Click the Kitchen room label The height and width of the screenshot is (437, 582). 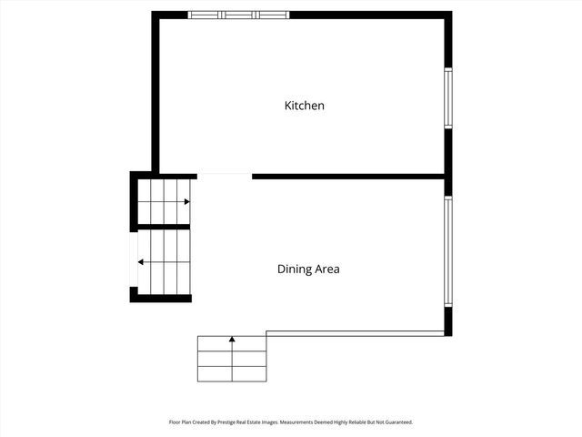[305, 106]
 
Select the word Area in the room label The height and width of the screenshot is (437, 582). [326, 269]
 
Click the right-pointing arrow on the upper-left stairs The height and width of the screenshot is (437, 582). [186, 201]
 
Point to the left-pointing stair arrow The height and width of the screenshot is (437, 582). [141, 262]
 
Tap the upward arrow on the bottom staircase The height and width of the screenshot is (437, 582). [232, 340]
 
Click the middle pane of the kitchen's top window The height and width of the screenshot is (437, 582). [239, 15]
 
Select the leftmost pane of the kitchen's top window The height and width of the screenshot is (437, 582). [205, 15]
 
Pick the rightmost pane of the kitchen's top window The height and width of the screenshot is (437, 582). [273, 15]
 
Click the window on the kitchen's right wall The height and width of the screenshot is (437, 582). [447, 97]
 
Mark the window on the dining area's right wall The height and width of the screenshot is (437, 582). [447, 252]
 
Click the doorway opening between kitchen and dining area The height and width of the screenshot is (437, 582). [224, 175]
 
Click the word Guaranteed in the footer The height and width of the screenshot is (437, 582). [396, 422]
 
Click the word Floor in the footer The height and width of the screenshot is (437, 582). [175, 422]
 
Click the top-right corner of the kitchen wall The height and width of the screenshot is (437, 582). [447, 15]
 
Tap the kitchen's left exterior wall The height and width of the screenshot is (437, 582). [156, 91]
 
